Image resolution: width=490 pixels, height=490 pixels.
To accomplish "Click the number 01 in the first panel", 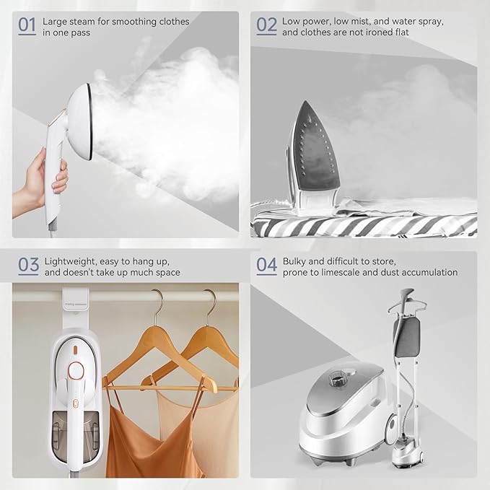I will tap(27, 26).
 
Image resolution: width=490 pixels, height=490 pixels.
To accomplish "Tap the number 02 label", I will tap(266, 26).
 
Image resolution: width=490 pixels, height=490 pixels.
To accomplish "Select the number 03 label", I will tap(27, 266).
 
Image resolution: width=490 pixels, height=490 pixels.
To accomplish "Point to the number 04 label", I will tap(266, 266).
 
